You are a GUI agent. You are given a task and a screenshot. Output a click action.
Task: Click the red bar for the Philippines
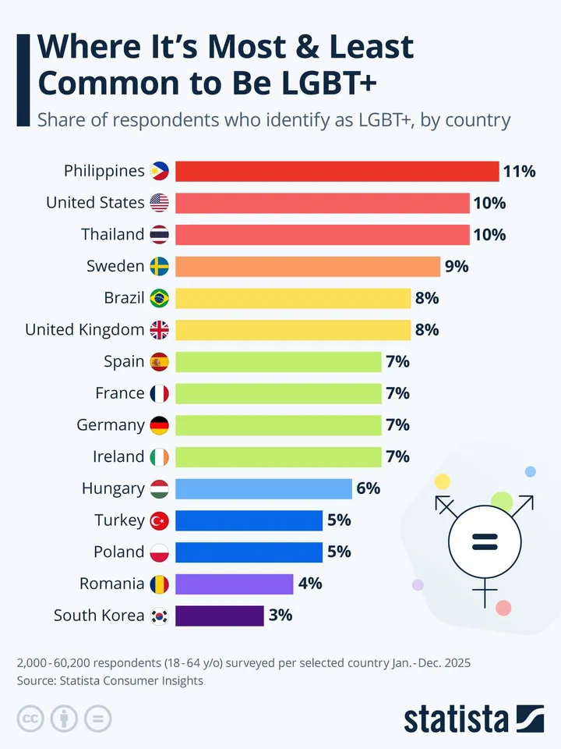337,171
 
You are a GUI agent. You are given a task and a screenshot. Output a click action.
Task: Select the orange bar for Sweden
308,266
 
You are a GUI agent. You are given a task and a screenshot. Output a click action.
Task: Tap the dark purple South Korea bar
220,616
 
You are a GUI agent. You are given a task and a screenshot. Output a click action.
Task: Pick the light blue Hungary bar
263,488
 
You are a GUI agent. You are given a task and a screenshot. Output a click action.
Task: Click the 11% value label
520,171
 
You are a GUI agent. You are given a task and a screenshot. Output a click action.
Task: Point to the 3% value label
280,615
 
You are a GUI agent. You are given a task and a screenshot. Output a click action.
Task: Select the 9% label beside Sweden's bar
456,266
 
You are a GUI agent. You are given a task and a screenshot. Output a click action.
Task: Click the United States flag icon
159,203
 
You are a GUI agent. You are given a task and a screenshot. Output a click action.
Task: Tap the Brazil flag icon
159,298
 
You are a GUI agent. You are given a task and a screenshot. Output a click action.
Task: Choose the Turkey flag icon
159,520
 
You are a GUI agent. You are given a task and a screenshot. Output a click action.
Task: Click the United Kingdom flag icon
159,330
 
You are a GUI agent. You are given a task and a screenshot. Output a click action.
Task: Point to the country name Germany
111,425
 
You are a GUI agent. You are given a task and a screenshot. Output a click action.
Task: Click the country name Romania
111,584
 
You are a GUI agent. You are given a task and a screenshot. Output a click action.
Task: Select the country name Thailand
113,234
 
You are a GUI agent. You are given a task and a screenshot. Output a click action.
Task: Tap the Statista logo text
456,719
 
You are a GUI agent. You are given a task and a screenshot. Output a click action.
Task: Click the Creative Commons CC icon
30,719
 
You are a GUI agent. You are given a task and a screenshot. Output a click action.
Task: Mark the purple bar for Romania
235,584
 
